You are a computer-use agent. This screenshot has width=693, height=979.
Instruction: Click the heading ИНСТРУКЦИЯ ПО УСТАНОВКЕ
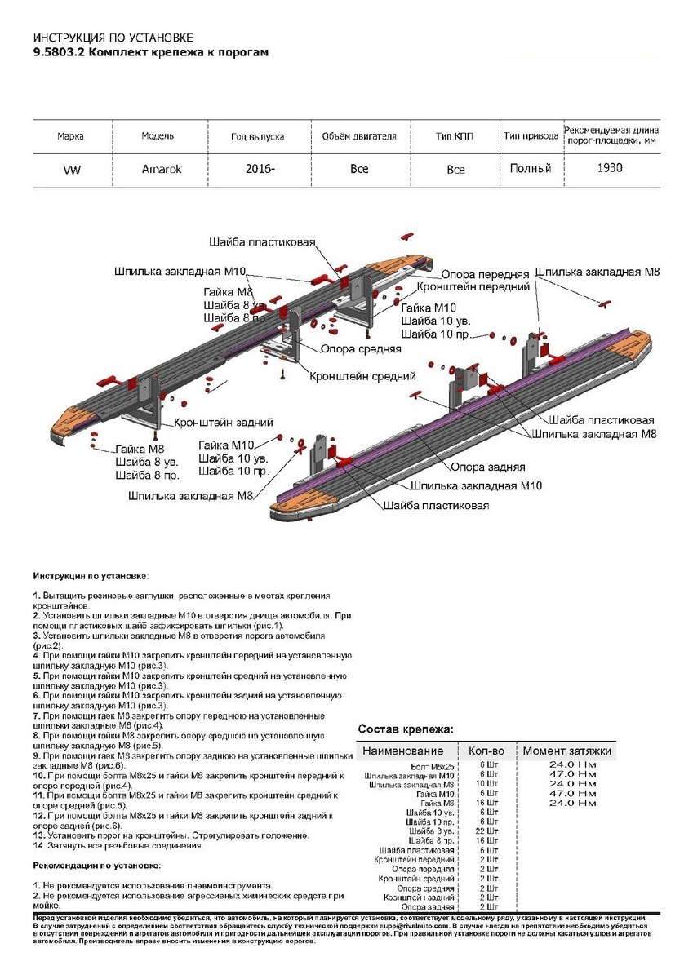(x=113, y=38)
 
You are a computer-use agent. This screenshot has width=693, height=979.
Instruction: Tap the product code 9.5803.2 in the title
(x=58, y=52)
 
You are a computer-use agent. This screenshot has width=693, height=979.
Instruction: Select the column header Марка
(x=71, y=136)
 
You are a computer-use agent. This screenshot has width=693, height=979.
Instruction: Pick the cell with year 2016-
(x=259, y=169)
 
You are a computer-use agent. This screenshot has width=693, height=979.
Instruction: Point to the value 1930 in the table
(x=609, y=168)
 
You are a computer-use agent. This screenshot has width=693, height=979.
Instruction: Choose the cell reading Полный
(x=531, y=169)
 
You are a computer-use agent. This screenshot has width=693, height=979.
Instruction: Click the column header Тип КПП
(x=455, y=136)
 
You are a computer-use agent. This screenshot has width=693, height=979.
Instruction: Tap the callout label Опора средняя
(x=361, y=348)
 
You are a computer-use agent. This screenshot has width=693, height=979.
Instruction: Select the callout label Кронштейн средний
(x=362, y=376)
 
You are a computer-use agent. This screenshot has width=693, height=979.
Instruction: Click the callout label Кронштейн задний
(x=223, y=423)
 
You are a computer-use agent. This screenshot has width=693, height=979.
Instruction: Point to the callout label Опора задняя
(x=487, y=467)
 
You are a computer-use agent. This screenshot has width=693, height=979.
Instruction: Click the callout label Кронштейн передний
(x=473, y=287)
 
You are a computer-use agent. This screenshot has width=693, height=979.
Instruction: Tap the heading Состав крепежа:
(x=406, y=729)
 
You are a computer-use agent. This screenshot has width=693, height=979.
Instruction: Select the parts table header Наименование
(x=403, y=751)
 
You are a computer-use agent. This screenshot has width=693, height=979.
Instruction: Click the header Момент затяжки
(x=566, y=751)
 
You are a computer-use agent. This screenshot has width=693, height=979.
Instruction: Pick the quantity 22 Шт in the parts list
(x=487, y=831)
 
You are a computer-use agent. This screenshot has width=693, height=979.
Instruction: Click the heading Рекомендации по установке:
(x=96, y=865)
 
